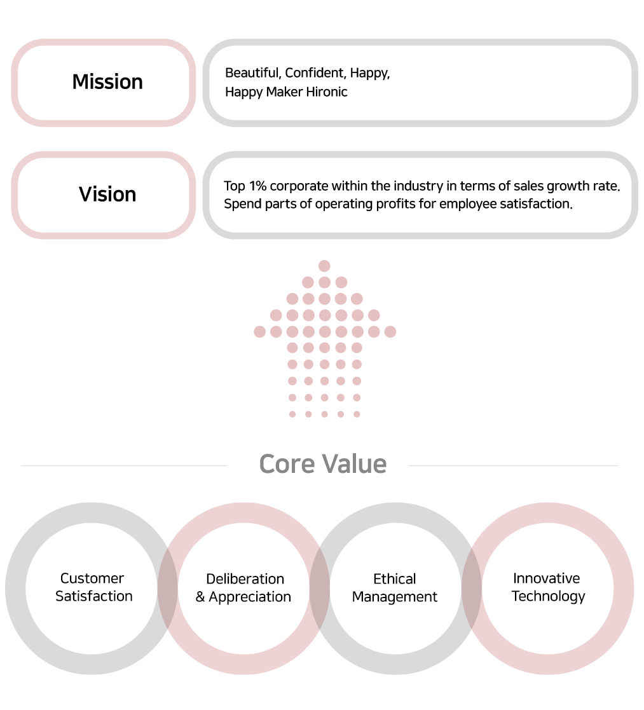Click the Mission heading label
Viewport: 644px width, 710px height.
(107, 82)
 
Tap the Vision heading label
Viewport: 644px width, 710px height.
(107, 195)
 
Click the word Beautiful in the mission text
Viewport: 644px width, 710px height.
(253, 73)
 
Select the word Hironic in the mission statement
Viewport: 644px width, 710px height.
(327, 92)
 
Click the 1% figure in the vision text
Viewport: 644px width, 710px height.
(257, 186)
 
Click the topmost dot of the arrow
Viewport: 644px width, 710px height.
(324, 266)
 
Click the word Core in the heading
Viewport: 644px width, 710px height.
(287, 464)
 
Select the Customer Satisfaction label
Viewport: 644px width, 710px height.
(93, 587)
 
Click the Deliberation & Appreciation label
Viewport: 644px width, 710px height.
(243, 588)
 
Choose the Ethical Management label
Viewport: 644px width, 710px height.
(394, 588)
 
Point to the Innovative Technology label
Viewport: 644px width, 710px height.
(548, 588)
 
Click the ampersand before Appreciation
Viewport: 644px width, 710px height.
(200, 597)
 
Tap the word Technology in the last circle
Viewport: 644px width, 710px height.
(549, 596)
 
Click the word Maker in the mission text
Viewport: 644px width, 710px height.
(284, 92)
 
